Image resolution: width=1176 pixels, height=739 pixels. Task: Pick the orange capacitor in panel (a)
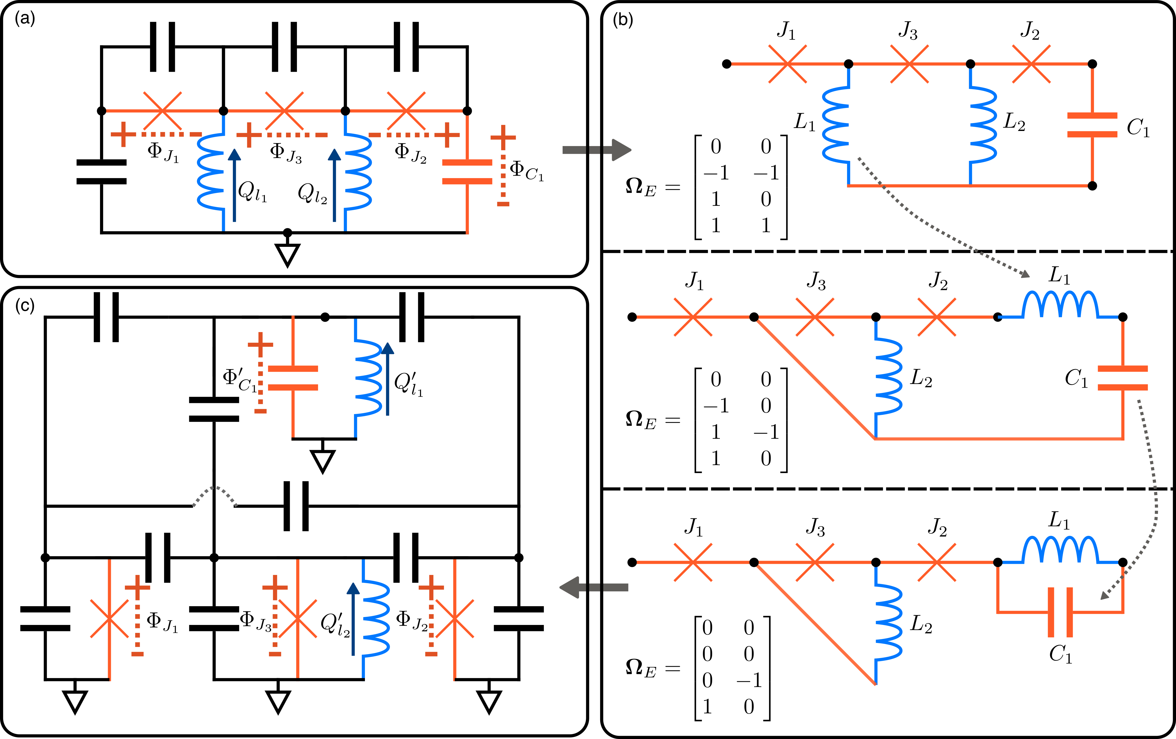coord(467,172)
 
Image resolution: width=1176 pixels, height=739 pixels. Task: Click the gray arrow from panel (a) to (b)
coord(596,149)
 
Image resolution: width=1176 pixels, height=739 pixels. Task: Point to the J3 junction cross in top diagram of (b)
coord(909,64)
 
